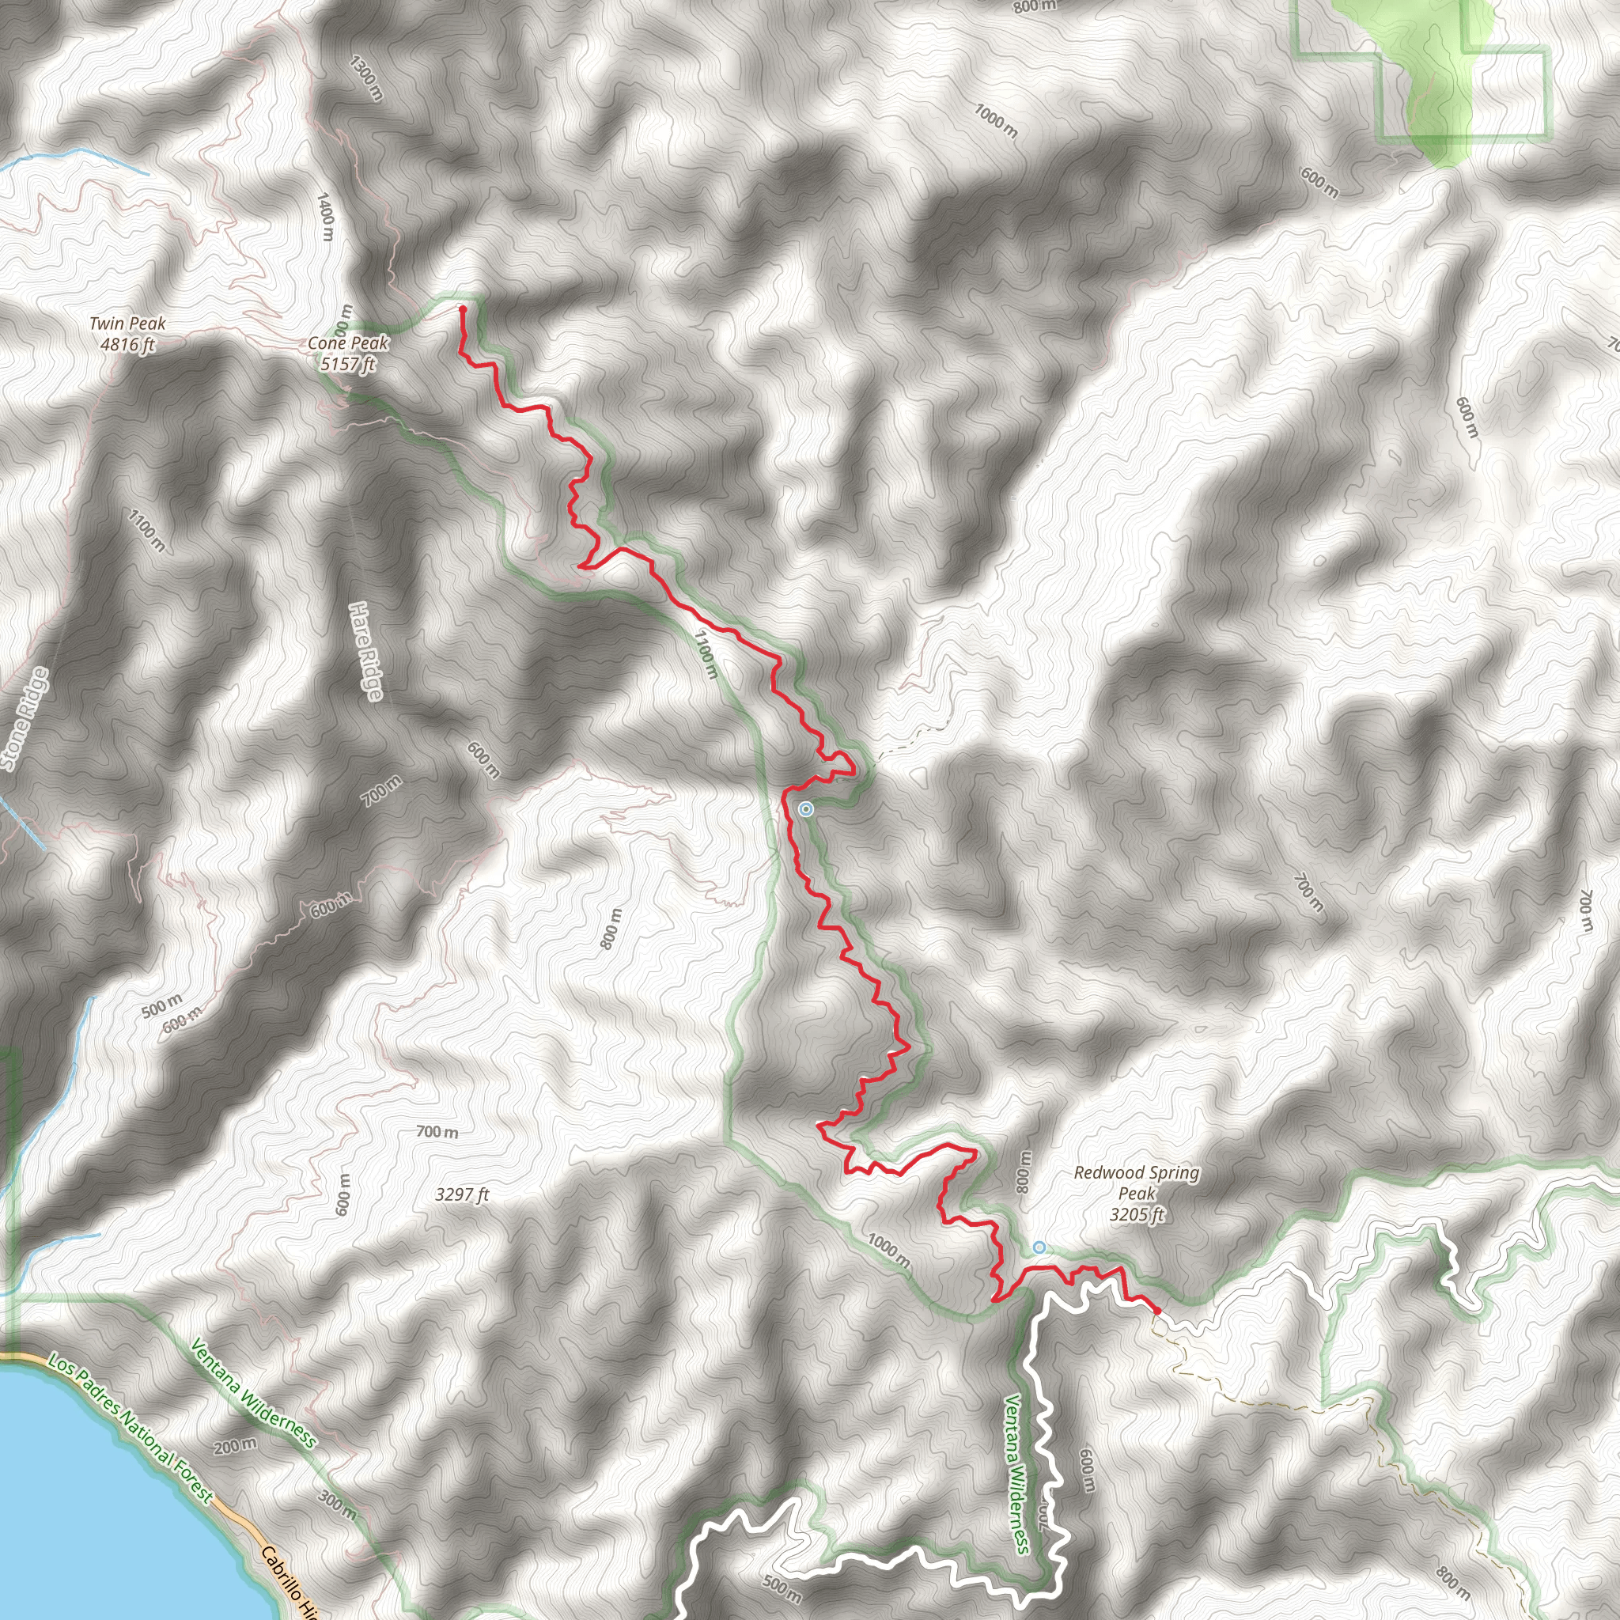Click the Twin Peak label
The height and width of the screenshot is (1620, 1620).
pyautogui.click(x=127, y=334)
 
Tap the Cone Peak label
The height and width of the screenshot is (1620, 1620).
pyautogui.click(x=348, y=353)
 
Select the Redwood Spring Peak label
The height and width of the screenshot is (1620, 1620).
pyautogui.click(x=1136, y=1193)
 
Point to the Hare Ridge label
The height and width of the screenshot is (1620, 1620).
pyautogui.click(x=366, y=651)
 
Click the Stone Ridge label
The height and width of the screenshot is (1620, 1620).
pyautogui.click(x=24, y=718)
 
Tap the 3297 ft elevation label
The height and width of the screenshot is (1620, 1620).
pyautogui.click(x=462, y=1194)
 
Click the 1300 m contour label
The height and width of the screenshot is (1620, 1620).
pyautogui.click(x=366, y=79)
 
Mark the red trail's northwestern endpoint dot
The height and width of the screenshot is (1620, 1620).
pyautogui.click(x=462, y=309)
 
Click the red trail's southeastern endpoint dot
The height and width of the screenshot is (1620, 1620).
pyautogui.click(x=1157, y=1310)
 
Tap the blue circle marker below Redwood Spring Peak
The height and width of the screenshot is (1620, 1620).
pyautogui.click(x=1039, y=1247)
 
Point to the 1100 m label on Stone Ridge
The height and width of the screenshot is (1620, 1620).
pyautogui.click(x=147, y=530)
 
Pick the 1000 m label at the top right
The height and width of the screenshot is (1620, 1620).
pyautogui.click(x=995, y=121)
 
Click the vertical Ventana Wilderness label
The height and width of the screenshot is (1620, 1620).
pyautogui.click(x=1017, y=1473)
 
